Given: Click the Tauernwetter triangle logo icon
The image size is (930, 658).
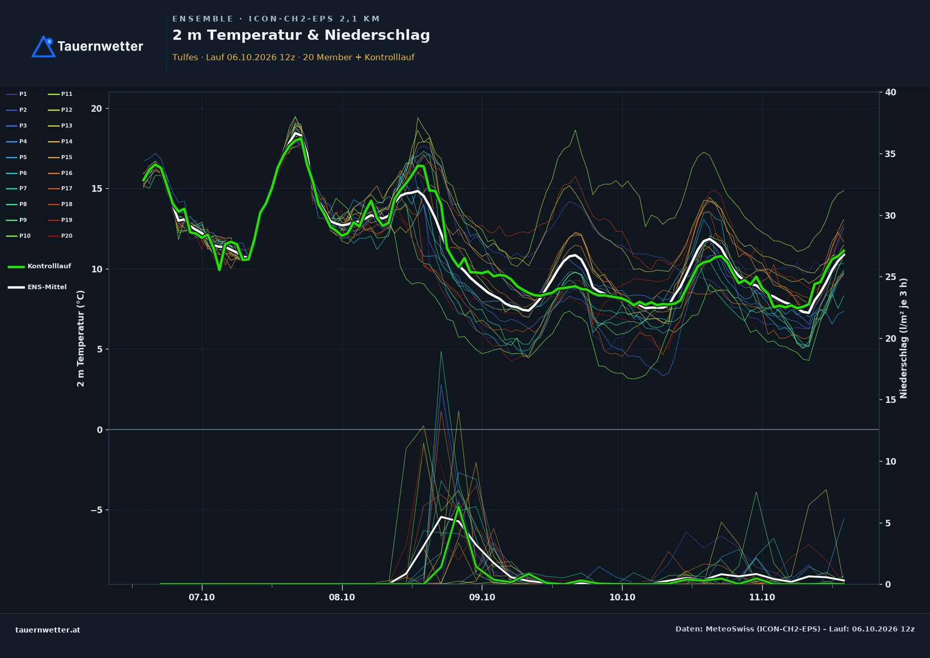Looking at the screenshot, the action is point(43,46).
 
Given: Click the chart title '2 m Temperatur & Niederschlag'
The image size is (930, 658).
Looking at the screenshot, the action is point(301,35).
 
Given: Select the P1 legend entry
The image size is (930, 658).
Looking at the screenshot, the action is point(17,94).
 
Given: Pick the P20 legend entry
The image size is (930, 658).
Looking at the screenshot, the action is point(60,236).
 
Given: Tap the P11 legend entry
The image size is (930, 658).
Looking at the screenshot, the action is point(60,94).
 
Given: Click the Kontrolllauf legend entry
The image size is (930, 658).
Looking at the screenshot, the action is point(39,266).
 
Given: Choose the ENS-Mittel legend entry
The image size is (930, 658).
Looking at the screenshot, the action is point(37,287).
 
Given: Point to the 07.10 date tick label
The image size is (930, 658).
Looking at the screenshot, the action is point(202,597).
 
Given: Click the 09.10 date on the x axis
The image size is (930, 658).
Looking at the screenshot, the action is point(482,597).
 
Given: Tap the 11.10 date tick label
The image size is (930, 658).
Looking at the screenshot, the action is point(762,597).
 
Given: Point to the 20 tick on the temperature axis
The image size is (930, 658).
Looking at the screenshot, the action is point(96,109).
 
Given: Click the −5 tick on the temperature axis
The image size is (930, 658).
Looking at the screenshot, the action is point(96,510).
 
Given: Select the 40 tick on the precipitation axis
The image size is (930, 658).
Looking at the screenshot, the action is point(891,92).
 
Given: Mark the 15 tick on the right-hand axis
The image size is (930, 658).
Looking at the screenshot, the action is point(891,400).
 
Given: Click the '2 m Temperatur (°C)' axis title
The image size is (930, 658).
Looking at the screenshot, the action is point(81,338).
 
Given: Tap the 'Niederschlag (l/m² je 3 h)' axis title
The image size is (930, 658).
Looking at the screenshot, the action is point(903,338).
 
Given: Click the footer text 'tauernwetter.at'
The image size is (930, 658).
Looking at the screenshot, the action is point(48,630).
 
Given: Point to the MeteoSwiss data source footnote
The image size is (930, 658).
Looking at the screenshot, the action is point(795,629).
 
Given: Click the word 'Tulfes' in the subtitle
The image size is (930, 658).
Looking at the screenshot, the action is point(185,57).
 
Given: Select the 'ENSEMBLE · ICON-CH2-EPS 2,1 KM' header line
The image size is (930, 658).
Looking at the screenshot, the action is point(276,19).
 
